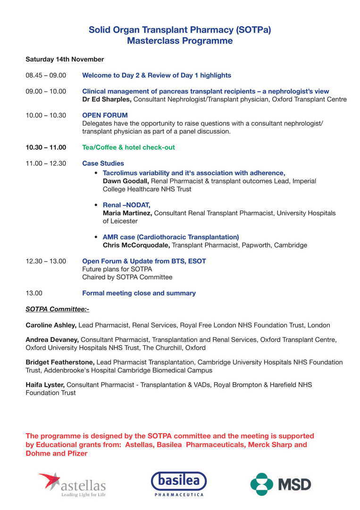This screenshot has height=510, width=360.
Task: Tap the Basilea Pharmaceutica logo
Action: point(179,484)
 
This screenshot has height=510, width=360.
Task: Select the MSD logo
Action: point(280,484)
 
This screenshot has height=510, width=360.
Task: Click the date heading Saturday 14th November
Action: point(65,59)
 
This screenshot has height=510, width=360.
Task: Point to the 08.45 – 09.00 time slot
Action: point(46,76)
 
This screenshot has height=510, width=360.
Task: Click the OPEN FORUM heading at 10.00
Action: point(105,115)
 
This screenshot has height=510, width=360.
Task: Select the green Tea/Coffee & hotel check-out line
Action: point(128,147)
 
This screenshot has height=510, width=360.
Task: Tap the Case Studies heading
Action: point(103,163)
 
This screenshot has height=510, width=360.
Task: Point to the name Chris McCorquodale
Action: point(136,246)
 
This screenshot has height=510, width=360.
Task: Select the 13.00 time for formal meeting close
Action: point(34,293)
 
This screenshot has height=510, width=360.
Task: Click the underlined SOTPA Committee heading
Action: point(57,309)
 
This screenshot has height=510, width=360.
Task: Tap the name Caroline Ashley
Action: point(51,325)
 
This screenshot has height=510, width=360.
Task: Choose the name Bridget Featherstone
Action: point(60,362)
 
